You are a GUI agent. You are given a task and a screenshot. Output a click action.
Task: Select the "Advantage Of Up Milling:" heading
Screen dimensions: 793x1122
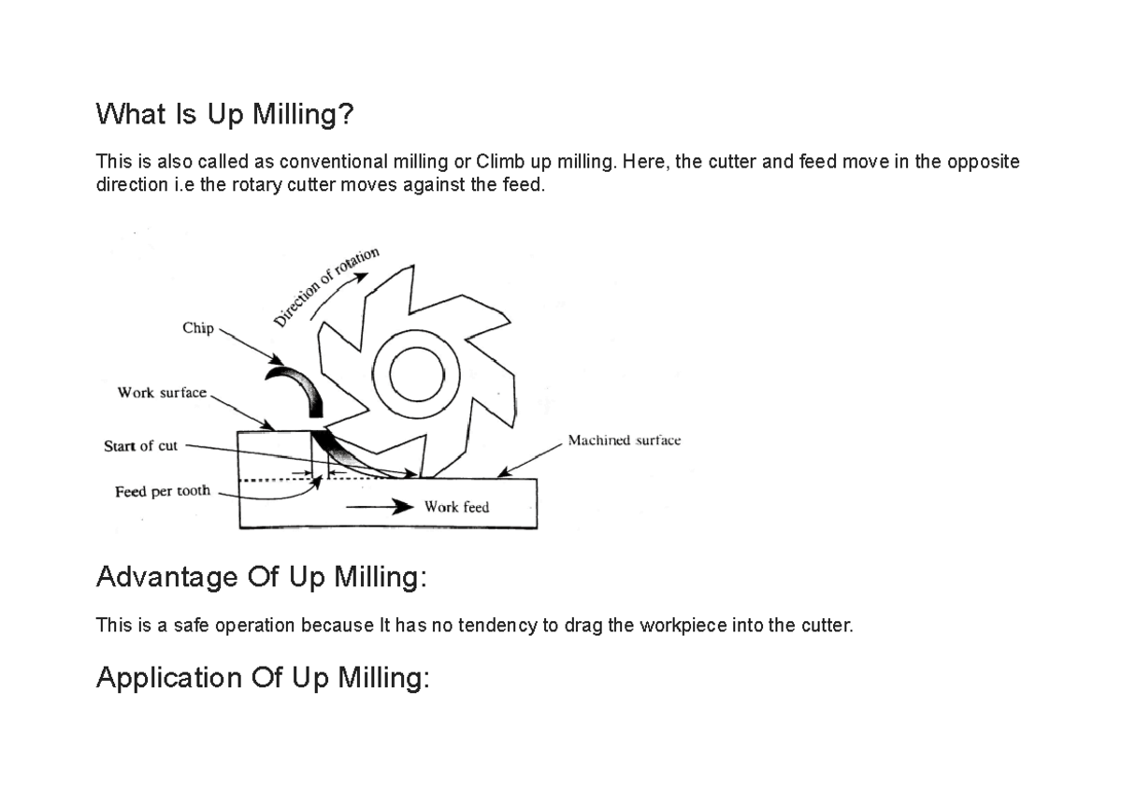pos(261,577)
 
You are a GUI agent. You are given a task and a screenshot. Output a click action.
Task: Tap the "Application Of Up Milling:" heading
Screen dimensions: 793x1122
pos(263,677)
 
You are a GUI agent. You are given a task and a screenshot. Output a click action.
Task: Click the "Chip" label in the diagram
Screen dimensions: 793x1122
pos(198,329)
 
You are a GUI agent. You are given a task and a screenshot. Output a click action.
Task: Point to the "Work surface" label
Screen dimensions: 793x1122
pos(162,393)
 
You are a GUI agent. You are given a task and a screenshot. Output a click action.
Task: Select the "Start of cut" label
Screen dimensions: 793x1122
pos(140,446)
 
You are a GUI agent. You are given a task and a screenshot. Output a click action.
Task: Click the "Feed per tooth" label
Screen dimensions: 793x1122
pos(163,491)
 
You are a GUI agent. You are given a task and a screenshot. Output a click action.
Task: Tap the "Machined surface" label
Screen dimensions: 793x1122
pos(624,440)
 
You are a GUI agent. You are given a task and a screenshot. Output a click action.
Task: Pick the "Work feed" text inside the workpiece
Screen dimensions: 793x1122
pos(456,507)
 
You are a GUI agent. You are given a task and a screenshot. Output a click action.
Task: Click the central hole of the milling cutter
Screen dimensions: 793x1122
pos(417,376)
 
